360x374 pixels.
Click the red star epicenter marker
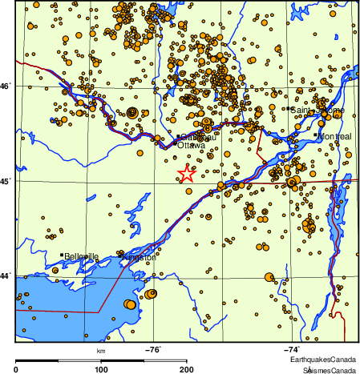click(x=186, y=174)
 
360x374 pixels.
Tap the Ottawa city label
click(x=191, y=146)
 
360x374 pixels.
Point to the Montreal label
click(x=334, y=137)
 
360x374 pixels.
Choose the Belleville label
click(x=82, y=256)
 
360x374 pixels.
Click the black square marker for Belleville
click(x=62, y=255)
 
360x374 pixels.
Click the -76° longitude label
click(x=152, y=349)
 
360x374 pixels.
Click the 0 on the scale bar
click(x=17, y=369)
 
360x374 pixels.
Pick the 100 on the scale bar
click(x=101, y=369)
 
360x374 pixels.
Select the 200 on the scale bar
click(x=186, y=369)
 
